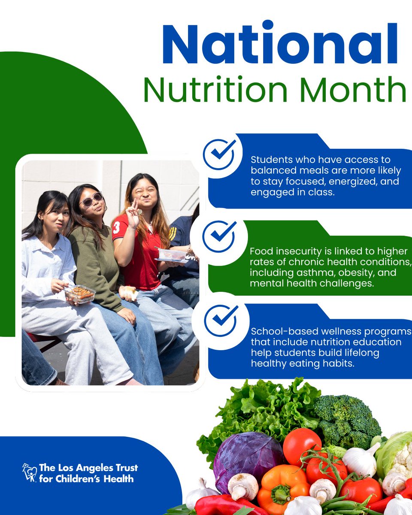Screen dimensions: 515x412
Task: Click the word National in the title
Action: coord(280,44)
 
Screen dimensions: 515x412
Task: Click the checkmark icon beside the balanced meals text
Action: coord(219,154)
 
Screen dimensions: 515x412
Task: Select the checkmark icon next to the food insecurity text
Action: coord(219,236)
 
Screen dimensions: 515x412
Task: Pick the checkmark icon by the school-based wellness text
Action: coord(220,320)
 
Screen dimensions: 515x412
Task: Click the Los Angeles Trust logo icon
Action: coord(29,473)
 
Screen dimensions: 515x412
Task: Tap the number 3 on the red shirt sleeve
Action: coord(116,227)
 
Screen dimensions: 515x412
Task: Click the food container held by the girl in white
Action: coord(80,294)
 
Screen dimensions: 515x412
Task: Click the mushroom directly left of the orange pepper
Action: coord(243,485)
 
